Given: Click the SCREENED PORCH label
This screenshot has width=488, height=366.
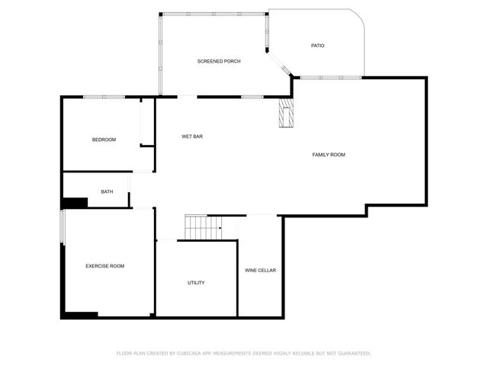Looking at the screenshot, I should pos(219,61).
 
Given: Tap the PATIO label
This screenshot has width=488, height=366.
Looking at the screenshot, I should pos(317,46).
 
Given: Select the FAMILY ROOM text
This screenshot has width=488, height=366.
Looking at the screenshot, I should pos(329,155).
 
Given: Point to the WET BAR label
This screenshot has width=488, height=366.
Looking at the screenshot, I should pos(191,136).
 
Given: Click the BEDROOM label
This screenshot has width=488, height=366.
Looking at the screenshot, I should pos(104,140).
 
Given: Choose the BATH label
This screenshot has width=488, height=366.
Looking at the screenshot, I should pos(107,191).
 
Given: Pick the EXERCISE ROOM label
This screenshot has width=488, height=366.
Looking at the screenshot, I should pos(104,266).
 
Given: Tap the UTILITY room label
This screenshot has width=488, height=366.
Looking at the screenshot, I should pos(196,283).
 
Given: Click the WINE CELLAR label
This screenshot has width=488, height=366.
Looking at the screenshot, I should pos(260,271).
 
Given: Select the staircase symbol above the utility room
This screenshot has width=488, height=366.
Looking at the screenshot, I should pos(203,226).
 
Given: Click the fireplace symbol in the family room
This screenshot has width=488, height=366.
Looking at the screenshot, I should pos(286,114).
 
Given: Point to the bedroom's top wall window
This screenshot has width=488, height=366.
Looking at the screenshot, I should pos(104,96).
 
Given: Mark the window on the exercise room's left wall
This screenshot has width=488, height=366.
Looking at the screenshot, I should pos(63,227).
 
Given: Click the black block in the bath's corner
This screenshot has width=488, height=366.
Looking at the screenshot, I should pos(75,202).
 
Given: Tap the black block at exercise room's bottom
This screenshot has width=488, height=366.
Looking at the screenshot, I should pos(81,314).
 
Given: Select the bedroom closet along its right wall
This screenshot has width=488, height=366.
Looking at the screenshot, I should pos(147,121).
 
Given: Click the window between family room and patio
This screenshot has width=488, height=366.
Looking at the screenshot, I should pos(329,77).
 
